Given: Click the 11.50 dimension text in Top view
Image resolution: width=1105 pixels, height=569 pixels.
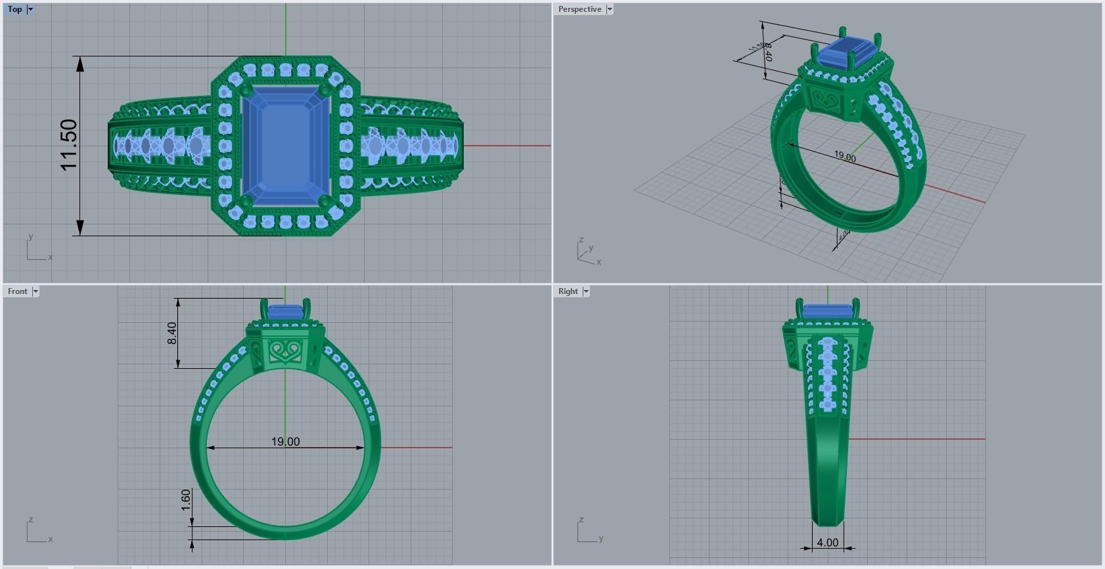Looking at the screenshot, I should pos(69,145).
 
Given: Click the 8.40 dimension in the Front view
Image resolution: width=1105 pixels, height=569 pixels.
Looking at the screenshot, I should pos(172,333).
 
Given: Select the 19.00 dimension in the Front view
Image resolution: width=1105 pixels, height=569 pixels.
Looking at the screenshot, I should pos(285,442).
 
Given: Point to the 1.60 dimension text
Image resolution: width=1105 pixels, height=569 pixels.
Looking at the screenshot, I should pos(186,500).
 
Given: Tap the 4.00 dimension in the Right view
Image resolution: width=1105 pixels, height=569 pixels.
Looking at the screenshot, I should pos(827,543).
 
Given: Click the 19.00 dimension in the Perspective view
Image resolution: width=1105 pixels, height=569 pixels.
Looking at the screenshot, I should pos(845,156).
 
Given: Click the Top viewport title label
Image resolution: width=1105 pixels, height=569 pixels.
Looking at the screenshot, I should pos(14,9).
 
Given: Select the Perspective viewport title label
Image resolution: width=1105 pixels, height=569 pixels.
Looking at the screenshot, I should pos(579,9).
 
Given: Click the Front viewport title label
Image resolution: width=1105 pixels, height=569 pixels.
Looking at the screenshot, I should pos(18,291).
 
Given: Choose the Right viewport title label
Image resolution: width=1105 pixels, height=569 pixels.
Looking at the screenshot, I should pos(568,291).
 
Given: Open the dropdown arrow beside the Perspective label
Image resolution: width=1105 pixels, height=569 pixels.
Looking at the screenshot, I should pos(610,9).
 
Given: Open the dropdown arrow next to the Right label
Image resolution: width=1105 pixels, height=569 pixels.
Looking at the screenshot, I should pos(586,291).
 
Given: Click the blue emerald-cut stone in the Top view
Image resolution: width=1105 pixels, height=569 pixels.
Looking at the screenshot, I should pos(285,145).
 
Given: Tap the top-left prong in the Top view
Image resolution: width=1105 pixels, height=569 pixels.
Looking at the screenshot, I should pos(246,90).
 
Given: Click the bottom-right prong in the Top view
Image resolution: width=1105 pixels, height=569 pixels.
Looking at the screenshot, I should pos(325,200).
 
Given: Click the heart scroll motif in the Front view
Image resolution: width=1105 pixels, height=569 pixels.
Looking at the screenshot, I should pos(286,351).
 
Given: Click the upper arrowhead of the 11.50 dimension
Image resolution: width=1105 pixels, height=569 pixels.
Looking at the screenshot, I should pos(80,64).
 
